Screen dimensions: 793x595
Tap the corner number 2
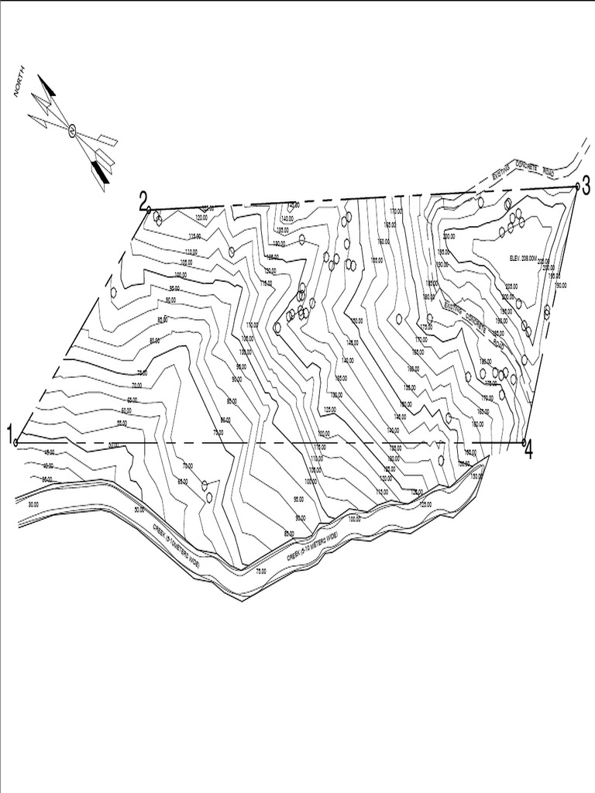click(x=143, y=201)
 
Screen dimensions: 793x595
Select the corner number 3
click(x=586, y=185)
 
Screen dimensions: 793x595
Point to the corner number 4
click(x=528, y=449)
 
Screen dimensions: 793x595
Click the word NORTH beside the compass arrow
click(x=20, y=81)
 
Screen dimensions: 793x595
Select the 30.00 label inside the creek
click(x=33, y=504)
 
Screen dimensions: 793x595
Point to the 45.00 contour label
click(x=48, y=451)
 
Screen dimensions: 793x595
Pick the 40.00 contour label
click(x=48, y=465)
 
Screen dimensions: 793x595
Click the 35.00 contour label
click(x=46, y=479)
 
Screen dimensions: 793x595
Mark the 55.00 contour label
click(x=121, y=423)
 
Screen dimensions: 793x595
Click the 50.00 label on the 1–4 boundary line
click(x=115, y=445)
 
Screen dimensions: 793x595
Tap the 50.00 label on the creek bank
click(x=139, y=510)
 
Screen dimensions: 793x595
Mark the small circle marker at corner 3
click(x=576, y=187)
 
